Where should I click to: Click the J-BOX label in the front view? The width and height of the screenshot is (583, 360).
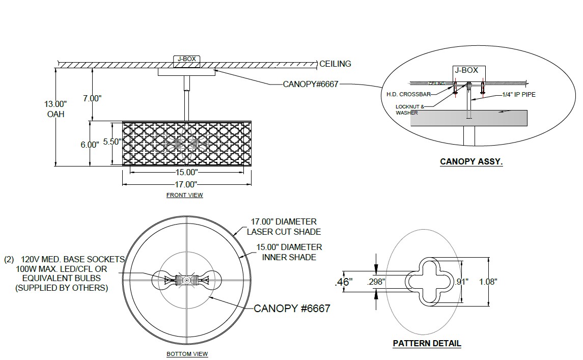click(x=186, y=60)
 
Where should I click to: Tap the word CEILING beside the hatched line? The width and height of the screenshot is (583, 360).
click(x=335, y=64)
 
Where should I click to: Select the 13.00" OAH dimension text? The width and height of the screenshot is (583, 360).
click(x=56, y=108)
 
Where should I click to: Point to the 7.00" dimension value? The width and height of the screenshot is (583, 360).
click(x=92, y=98)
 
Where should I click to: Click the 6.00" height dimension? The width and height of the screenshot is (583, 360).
click(x=90, y=145)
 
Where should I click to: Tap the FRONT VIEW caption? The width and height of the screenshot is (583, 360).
click(x=184, y=195)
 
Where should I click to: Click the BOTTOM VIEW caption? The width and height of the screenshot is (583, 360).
click(x=187, y=354)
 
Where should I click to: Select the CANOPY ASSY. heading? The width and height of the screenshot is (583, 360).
click(x=471, y=162)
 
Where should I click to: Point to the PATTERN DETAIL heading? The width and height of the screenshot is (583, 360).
click(x=427, y=343)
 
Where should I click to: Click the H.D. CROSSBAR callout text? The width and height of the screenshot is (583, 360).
click(x=408, y=94)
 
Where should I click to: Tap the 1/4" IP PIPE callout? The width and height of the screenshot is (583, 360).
click(x=519, y=94)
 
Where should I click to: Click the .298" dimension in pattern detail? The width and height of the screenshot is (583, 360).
click(x=376, y=281)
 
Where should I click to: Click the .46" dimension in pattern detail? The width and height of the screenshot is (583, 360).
click(x=344, y=282)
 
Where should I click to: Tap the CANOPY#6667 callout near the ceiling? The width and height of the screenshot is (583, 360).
click(x=311, y=84)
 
